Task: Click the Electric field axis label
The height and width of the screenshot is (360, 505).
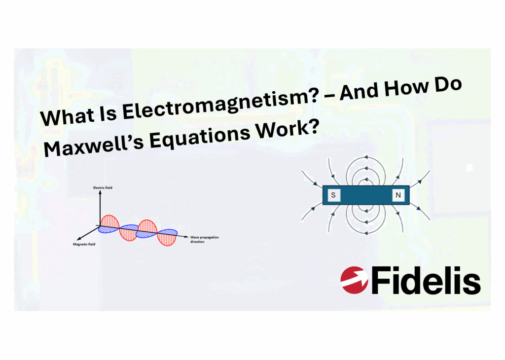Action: [103, 188]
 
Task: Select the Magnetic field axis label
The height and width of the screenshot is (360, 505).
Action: [83, 245]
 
